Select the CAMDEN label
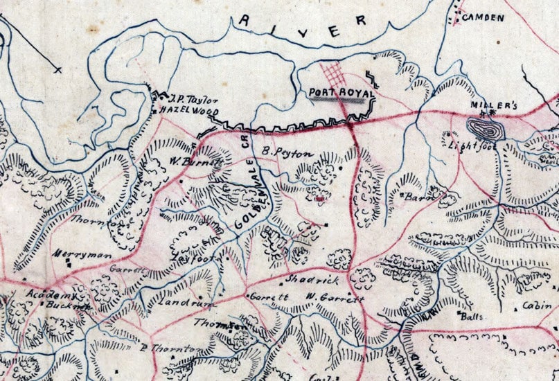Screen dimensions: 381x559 pyautogui.click(x=483, y=17)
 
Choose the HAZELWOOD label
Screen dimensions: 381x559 pyautogui.click(x=188, y=111)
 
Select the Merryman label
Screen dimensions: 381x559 pyautogui.click(x=82, y=255)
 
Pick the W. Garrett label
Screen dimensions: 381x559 pyautogui.click(x=335, y=299)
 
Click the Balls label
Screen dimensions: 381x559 pyautogui.click(x=471, y=315)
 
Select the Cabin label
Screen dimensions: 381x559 pyautogui.click(x=537, y=305)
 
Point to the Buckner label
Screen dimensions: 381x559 pyautogui.click(x=69, y=305)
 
